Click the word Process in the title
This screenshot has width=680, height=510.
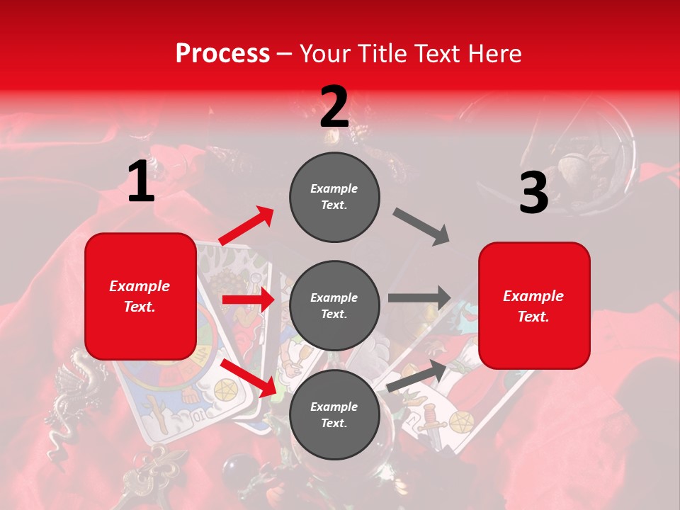coord(222,53)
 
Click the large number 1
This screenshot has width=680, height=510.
coord(141,181)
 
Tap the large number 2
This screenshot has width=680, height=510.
coord(334,107)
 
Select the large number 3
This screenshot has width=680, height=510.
coord(533,193)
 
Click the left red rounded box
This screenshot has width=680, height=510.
coord(140,296)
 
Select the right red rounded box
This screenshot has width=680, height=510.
coord(534,306)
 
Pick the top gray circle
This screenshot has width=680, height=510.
coord(334,197)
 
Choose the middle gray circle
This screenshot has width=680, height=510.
coord(334,305)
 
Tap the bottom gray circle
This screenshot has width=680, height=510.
coord(334,414)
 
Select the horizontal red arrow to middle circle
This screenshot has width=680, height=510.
coord(248,300)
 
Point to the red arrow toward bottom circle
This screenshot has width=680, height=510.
coord(248,377)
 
